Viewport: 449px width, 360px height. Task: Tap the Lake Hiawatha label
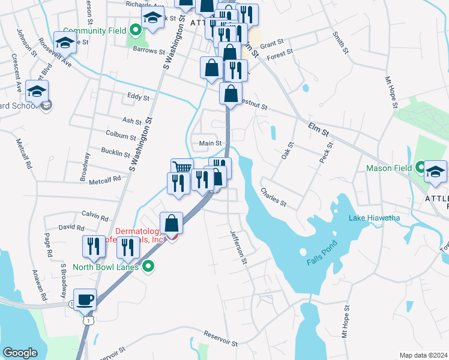(375, 218)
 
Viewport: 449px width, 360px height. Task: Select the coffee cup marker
(85, 299)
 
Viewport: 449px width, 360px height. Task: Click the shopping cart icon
(182, 169)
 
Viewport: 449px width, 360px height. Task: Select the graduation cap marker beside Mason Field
(435, 171)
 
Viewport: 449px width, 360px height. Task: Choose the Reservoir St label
(221, 339)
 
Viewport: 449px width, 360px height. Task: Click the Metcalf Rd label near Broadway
(104, 179)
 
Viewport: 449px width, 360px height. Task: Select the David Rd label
(71, 227)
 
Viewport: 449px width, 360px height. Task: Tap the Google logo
(20, 353)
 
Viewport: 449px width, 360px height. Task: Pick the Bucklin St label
(115, 152)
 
